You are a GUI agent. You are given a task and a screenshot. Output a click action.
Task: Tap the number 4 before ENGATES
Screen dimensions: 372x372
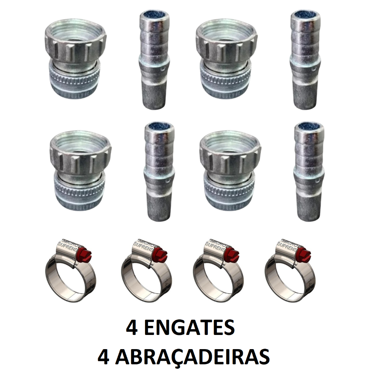(132, 328)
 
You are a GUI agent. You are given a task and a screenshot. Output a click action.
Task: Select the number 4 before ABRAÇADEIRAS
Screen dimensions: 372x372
(104, 358)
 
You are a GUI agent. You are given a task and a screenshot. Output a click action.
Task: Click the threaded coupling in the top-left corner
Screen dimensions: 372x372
(75, 58)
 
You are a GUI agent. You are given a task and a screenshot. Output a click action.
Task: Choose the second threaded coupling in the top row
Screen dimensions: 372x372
(227, 58)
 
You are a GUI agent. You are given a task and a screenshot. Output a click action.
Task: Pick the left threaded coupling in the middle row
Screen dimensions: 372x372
(81, 170)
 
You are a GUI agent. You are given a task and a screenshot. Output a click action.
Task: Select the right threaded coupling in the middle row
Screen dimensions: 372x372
(230, 170)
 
